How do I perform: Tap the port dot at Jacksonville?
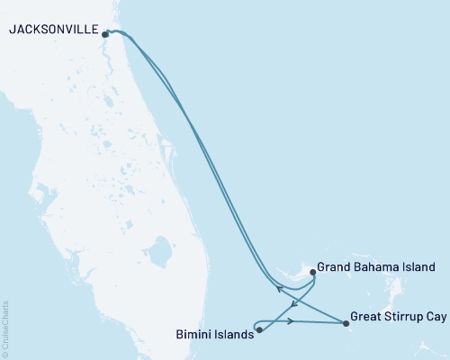[106, 34]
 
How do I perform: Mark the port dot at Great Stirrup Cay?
[346, 323]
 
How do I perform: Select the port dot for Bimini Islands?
[259, 329]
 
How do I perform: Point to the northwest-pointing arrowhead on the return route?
[278, 290]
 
